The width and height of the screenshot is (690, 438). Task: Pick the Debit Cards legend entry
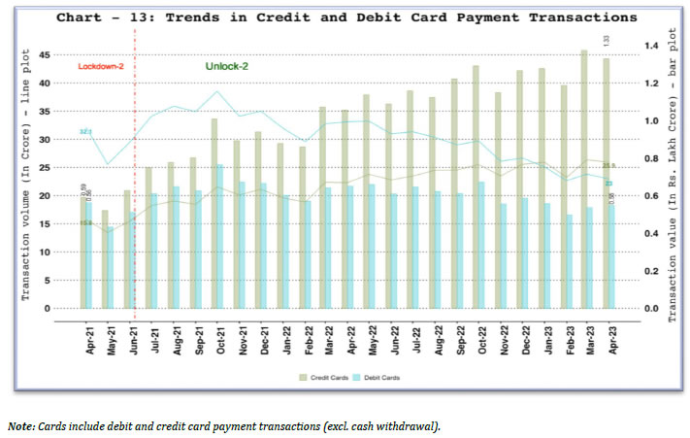(x=381, y=377)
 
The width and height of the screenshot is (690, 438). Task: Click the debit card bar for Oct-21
(x=220, y=237)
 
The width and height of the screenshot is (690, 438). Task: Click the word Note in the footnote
(x=20, y=425)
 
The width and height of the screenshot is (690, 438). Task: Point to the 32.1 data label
(x=85, y=131)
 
